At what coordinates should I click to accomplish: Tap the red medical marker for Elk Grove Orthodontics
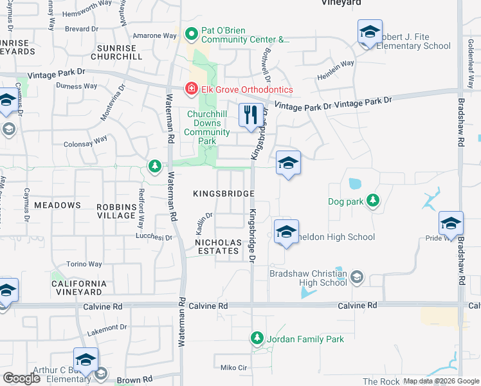coord(191,89)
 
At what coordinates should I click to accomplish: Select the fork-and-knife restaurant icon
coord(251,115)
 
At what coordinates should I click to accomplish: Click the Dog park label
coord(345,201)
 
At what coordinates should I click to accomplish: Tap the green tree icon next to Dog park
coord(372,201)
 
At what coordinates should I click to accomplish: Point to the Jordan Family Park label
coord(305,339)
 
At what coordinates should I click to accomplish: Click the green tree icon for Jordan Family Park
coord(257,338)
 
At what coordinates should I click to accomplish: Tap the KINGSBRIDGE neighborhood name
coord(224,194)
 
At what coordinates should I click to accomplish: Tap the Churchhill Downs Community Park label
coord(208,127)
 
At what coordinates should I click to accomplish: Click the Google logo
coord(22,378)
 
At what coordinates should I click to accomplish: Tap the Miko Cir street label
coord(233,367)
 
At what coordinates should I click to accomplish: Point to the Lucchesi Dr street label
coord(154,237)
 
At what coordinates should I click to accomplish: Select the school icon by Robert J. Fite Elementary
coord(370,32)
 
